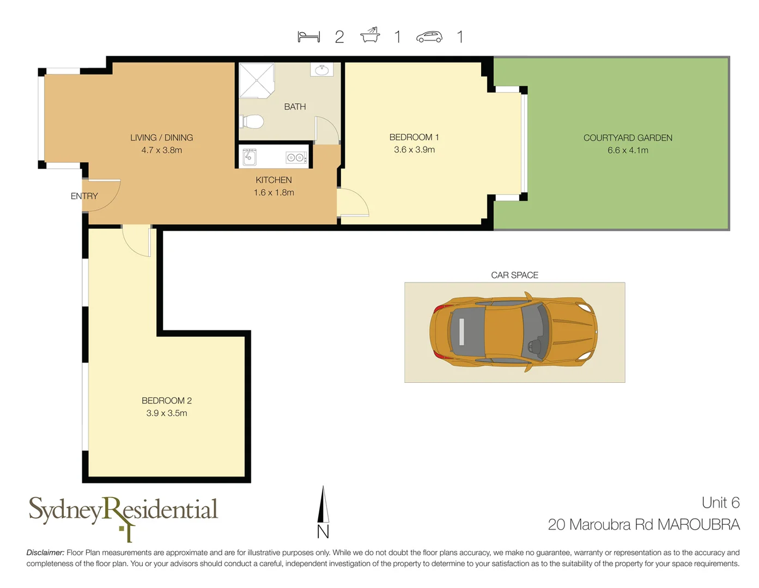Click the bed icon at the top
tap(308, 36)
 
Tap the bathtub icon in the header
tap(370, 35)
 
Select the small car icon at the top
tap(429, 36)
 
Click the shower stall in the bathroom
tap(256, 81)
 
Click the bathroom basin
tap(321, 70)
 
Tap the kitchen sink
tap(250, 157)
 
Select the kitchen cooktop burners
tap(296, 157)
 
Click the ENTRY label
tap(84, 196)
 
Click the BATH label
tap(295, 107)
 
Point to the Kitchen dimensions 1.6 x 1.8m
tap(274, 193)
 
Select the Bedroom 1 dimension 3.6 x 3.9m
tap(414, 150)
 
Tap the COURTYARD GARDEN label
tap(628, 138)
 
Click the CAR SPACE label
tap(514, 275)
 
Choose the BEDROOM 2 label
tap(166, 401)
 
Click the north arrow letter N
tap(323, 531)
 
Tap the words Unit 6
tap(720, 503)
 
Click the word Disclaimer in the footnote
tap(45, 553)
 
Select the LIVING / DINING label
tap(161, 138)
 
